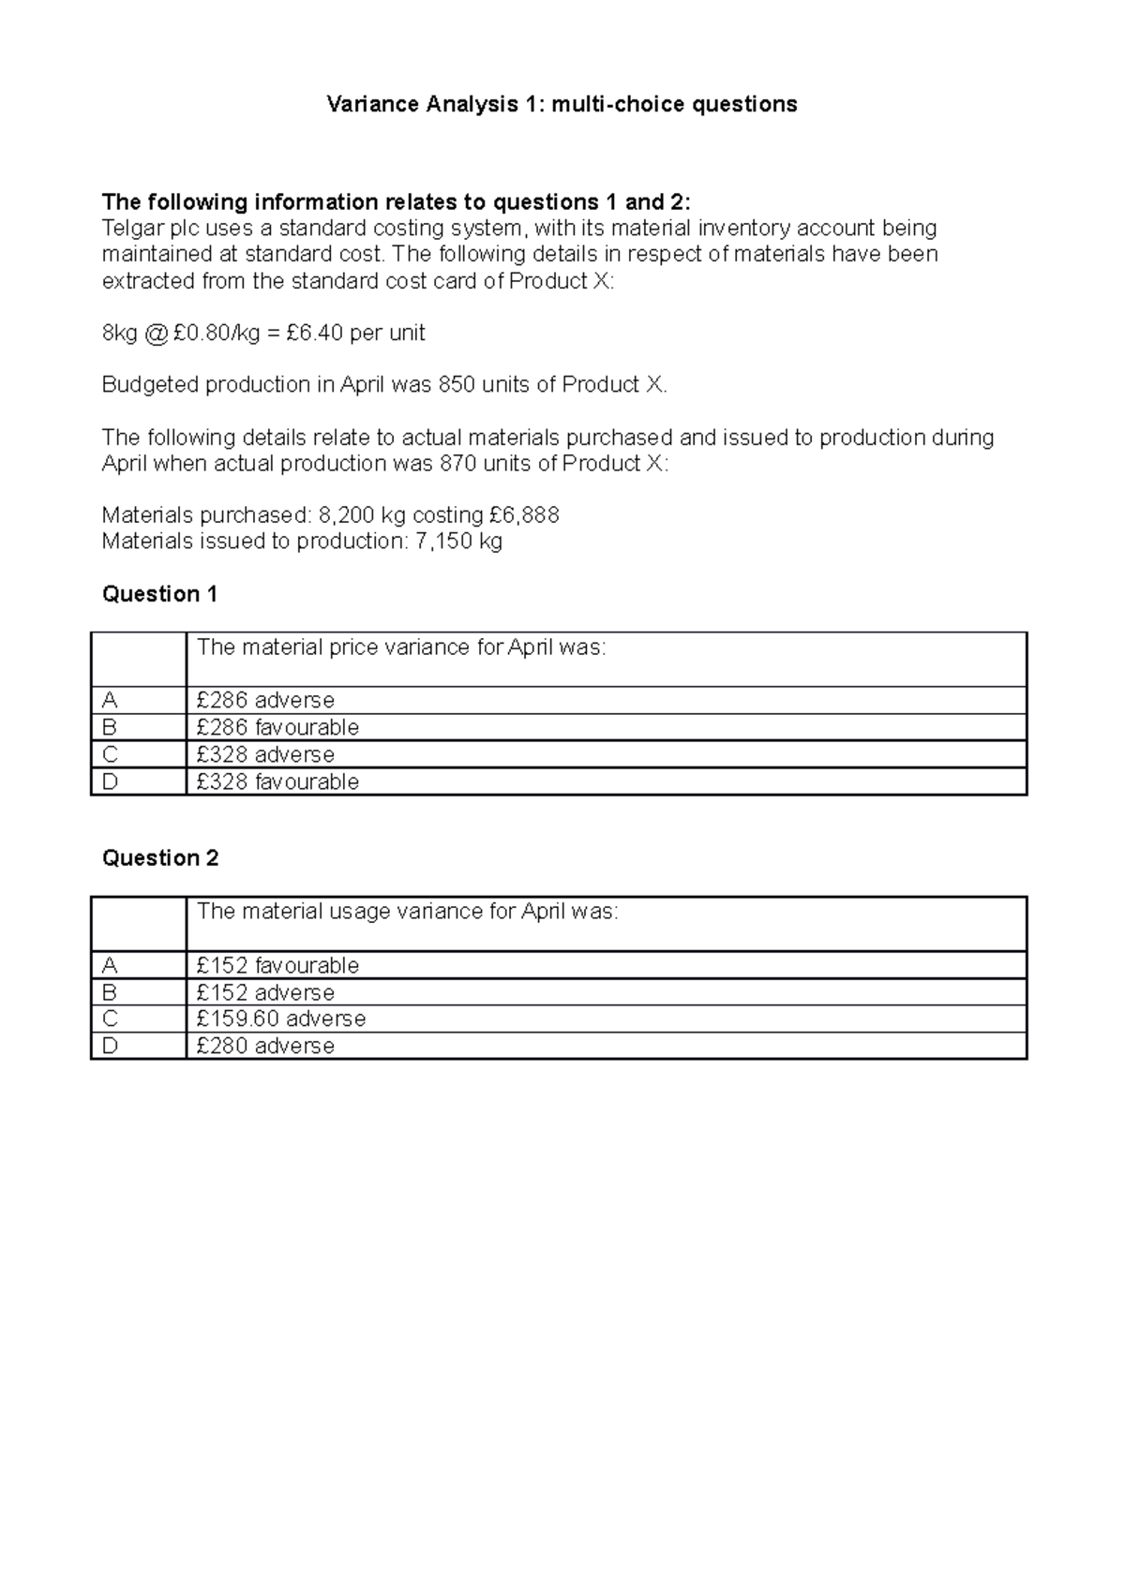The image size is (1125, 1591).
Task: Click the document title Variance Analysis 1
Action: pos(561,104)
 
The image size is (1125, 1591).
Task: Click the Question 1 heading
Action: pos(159,594)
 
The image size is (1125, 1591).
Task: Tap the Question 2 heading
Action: pos(159,858)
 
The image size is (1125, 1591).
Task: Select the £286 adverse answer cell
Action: pos(265,701)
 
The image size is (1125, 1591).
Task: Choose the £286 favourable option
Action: pos(277,728)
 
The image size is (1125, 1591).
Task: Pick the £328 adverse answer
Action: pos(265,755)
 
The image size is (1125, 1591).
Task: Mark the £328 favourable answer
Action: pos(277,782)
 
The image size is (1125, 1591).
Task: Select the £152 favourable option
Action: pos(277,966)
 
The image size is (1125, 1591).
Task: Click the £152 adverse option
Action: pos(265,993)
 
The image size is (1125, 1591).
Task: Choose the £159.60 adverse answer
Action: pos(281,1019)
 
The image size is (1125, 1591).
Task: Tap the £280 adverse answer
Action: pos(265,1047)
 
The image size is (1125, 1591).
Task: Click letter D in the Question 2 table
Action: pos(111,1047)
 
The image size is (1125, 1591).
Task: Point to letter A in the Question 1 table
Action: pos(111,701)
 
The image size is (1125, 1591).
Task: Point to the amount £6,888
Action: pos(524,515)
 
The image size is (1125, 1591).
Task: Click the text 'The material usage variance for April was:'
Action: pos(408,912)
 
